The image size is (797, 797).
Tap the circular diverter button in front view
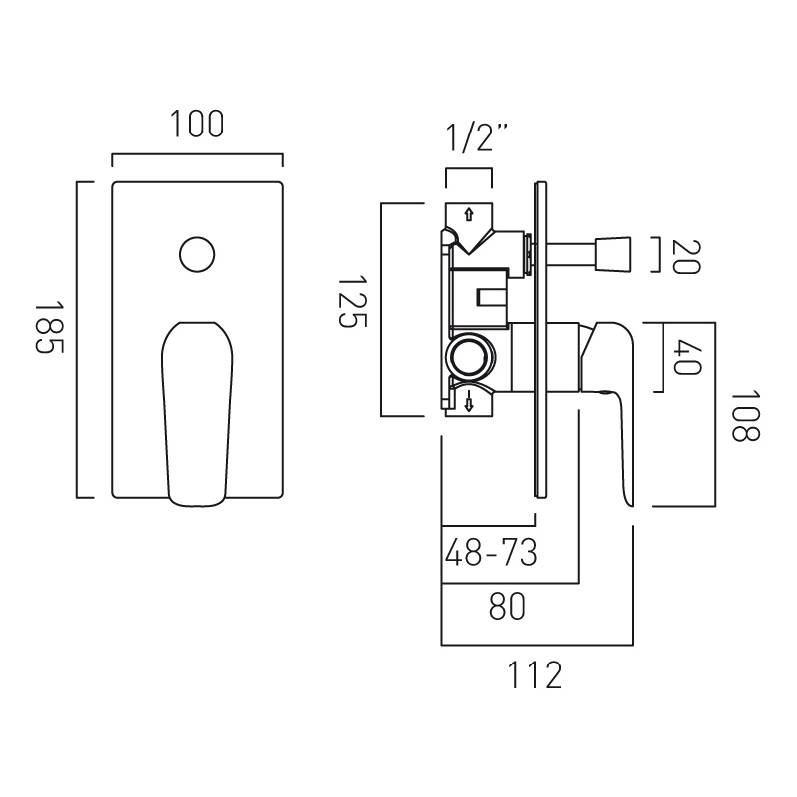coord(197,253)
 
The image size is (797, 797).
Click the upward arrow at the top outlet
coord(469,212)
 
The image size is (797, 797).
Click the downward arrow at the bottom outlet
coord(468,402)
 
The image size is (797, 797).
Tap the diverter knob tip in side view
coord(615,254)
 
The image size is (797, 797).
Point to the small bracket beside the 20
coord(654,255)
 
